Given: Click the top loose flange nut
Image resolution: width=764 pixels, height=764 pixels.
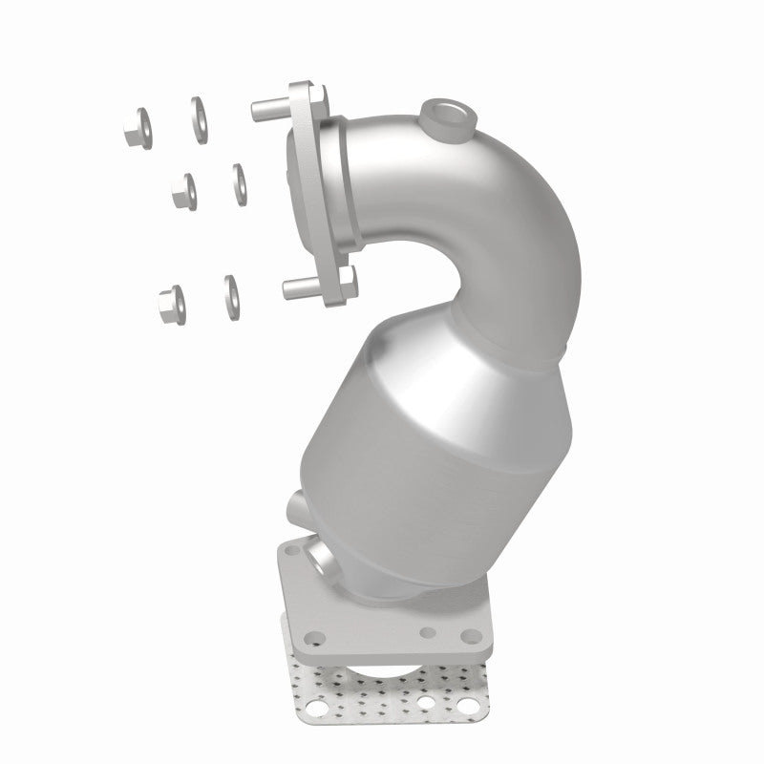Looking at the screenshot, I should point(137,130).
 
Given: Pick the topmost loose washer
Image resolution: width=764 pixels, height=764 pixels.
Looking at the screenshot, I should point(200,118).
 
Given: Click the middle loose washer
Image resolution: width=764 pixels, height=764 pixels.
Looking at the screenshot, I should point(239,182).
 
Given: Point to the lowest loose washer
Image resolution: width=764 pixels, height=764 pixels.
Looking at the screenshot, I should point(230,296).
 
